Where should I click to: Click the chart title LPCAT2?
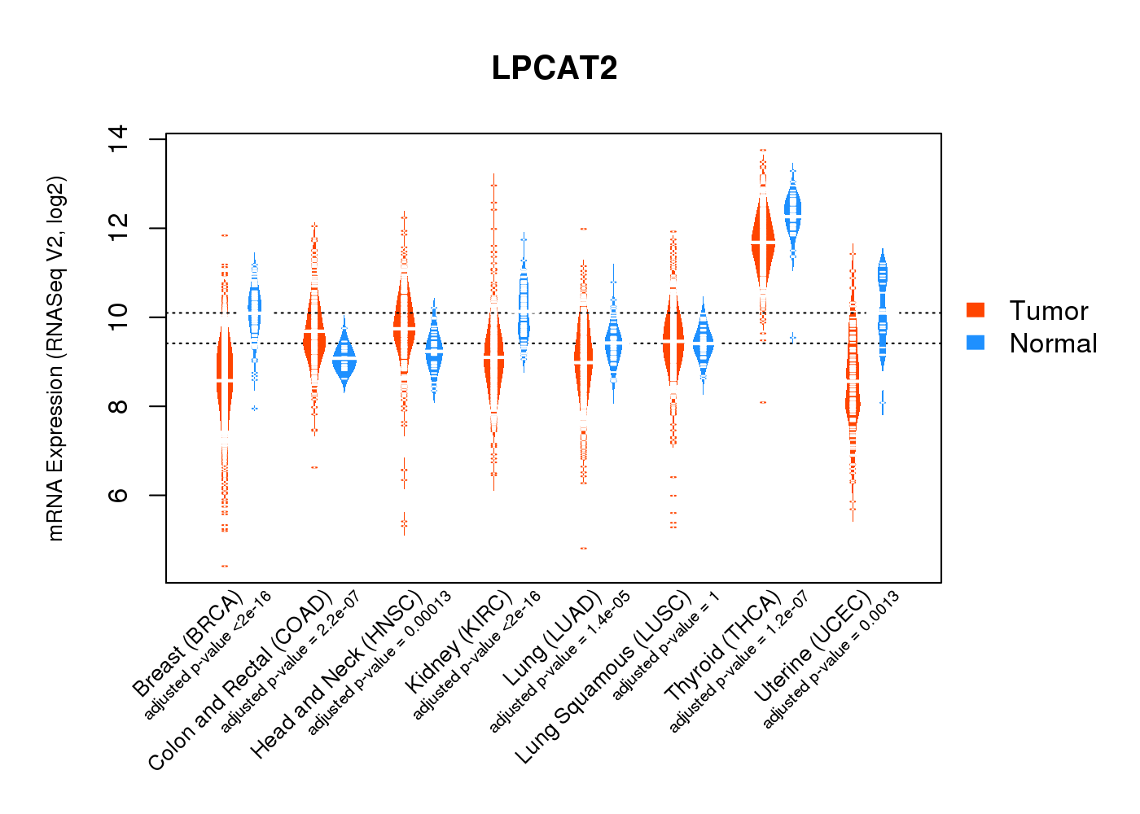(x=555, y=68)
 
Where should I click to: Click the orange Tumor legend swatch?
(x=975, y=310)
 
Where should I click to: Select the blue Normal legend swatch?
(x=975, y=343)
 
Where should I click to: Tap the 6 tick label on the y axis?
(x=118, y=495)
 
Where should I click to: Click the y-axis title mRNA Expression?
(x=55, y=358)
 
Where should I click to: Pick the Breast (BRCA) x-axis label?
(x=188, y=643)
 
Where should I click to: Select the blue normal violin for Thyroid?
(x=792, y=212)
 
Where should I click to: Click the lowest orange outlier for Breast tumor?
(x=225, y=566)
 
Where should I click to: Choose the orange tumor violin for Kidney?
(x=493, y=358)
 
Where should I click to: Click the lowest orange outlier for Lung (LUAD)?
(x=583, y=548)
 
